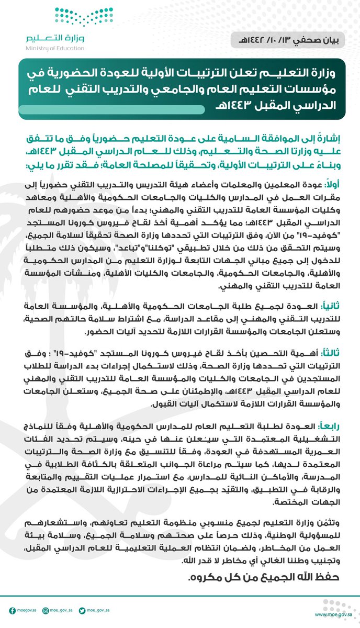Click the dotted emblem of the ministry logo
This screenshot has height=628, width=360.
[74, 19]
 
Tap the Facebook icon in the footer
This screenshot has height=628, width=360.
[12, 610]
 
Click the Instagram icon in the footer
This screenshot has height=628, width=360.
[46, 610]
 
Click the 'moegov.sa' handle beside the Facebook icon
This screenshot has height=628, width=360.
[27, 610]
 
